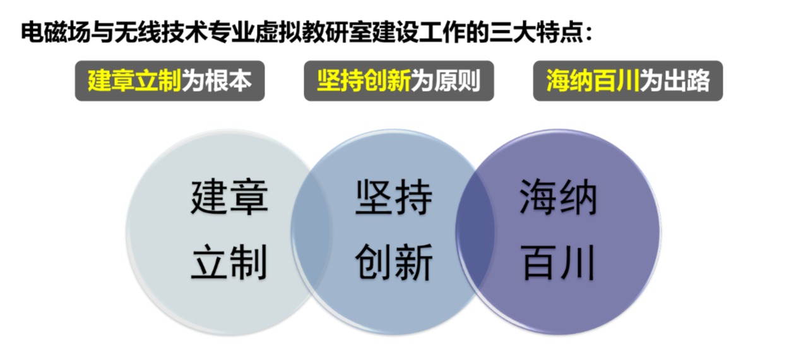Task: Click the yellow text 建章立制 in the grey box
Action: pos(134,80)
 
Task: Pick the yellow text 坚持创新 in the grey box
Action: pos(364,80)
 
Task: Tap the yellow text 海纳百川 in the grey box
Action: pos(593,80)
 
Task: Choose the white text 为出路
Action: pos(675,80)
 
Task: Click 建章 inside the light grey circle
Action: pos(229,197)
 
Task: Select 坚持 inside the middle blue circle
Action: pos(393,197)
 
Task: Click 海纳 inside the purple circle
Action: pos(558,197)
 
